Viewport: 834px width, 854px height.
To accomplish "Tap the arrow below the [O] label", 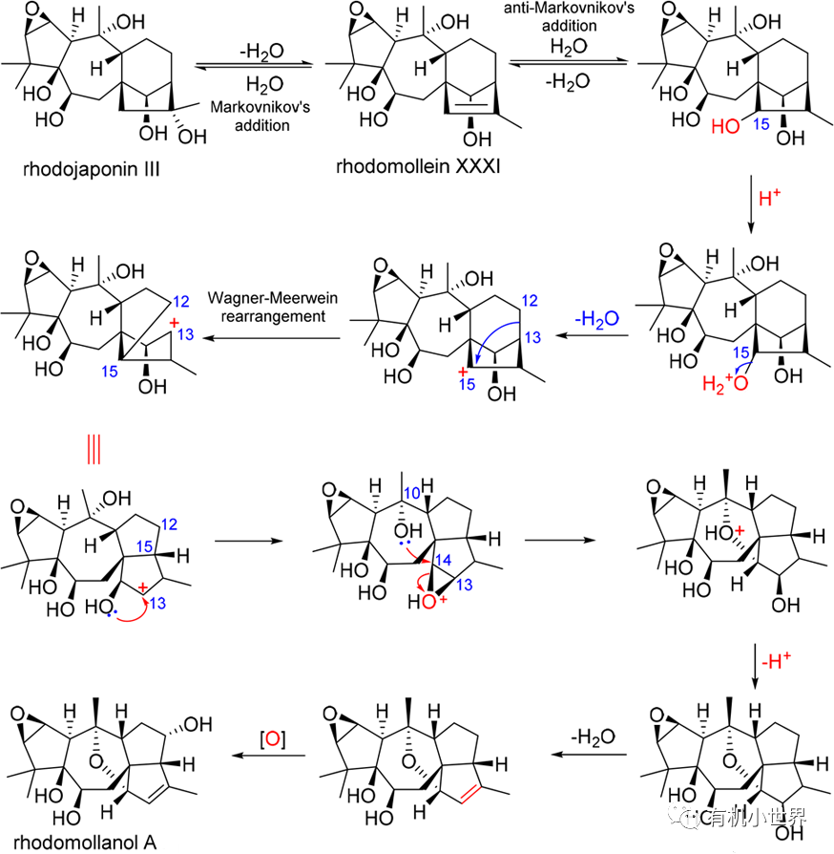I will tap(272, 757).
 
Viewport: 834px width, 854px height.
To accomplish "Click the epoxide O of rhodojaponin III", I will tap(33, 17).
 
